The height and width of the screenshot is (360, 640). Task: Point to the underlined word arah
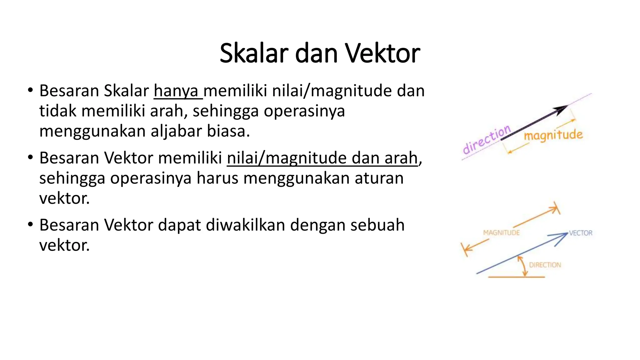[x=401, y=158]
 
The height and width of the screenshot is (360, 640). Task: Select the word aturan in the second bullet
[x=379, y=178]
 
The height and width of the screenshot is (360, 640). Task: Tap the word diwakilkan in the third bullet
[x=245, y=225]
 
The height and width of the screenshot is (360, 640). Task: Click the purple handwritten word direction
[x=486, y=139]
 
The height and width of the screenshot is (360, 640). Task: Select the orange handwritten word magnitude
[x=553, y=135]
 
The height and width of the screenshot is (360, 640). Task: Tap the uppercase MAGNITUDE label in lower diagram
[x=501, y=233]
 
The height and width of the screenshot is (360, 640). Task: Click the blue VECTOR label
[x=581, y=233]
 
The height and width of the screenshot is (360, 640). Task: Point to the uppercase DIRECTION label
[x=545, y=265]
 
